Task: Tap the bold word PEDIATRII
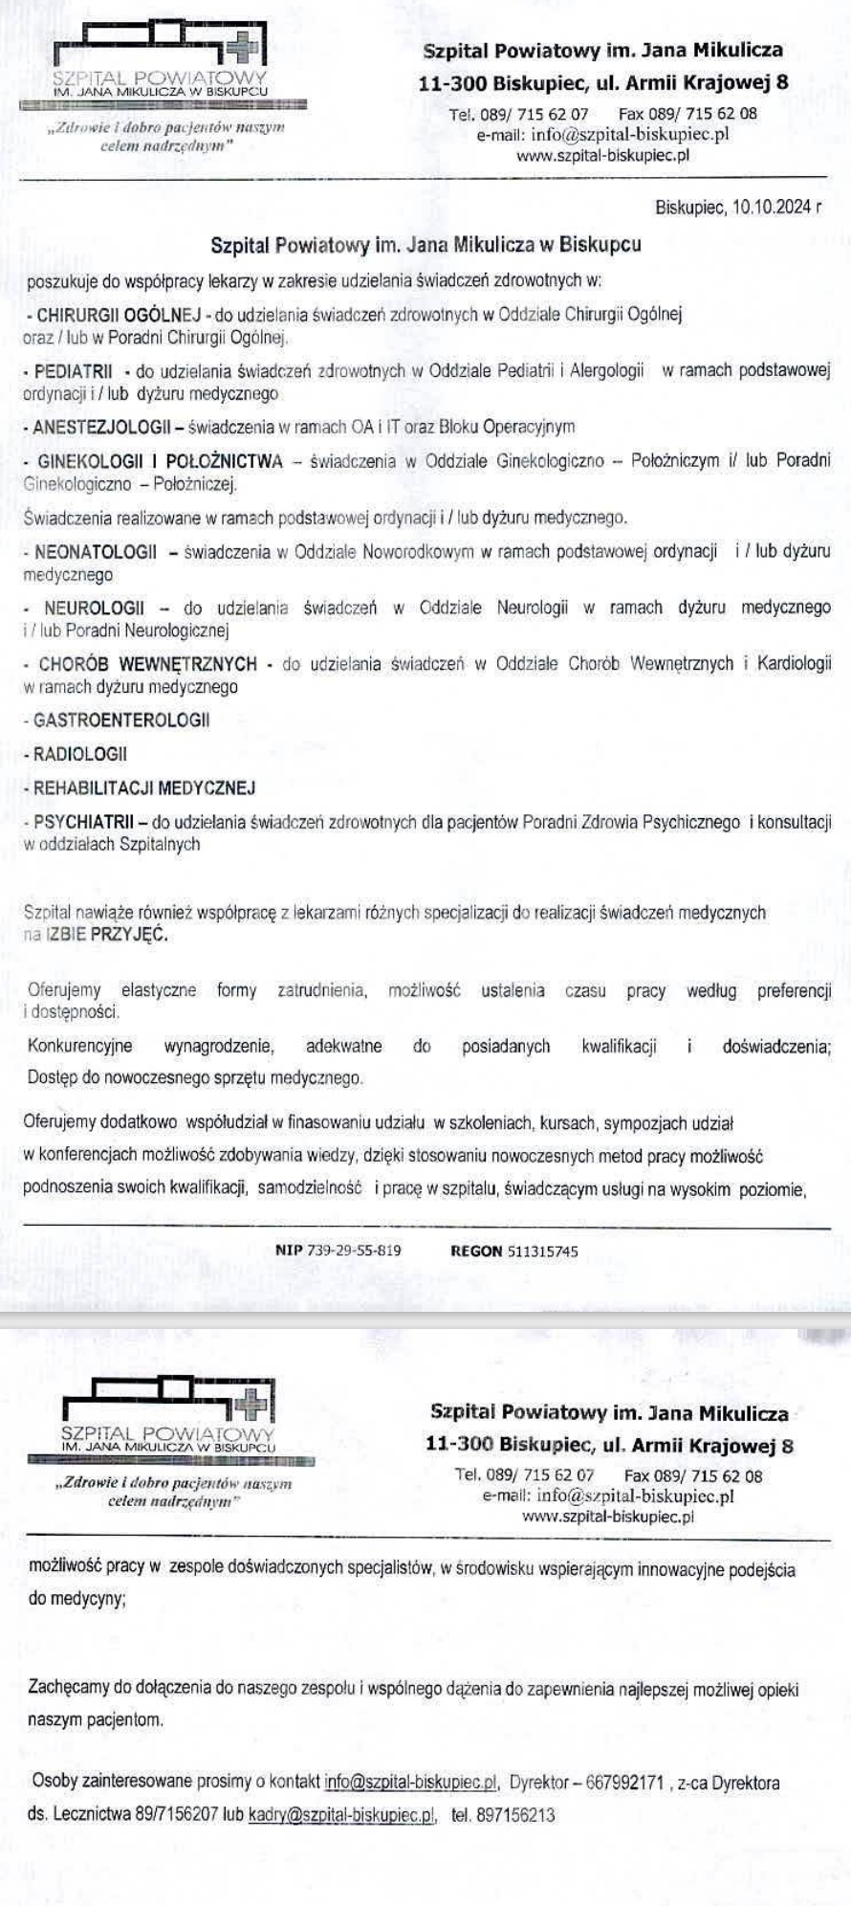point(74,370)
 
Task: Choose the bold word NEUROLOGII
point(94,608)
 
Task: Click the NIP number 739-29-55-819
point(353,1251)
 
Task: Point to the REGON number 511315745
point(542,1251)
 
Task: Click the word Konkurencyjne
point(80,1046)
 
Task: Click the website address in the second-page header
point(608,1517)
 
